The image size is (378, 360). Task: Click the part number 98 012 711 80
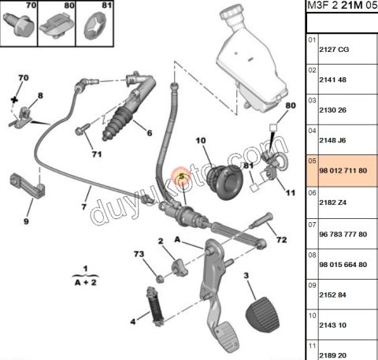343,171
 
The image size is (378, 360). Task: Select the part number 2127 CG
334,50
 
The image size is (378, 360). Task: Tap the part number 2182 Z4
332,202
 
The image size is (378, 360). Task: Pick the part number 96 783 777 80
343,234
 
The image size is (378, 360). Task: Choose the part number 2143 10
333,325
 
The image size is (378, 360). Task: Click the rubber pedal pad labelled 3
262,315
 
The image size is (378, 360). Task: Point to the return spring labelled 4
155,306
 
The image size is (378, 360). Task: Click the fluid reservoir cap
231,14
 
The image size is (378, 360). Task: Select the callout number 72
281,239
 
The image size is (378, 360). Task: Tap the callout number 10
201,141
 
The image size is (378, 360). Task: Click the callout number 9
26,221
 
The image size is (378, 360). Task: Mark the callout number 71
97,154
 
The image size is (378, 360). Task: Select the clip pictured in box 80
57,26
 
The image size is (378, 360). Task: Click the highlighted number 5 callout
182,176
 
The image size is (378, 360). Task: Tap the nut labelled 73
159,279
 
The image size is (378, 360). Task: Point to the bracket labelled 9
28,186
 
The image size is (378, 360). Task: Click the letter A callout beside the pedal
177,239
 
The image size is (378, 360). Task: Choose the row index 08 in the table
312,255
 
